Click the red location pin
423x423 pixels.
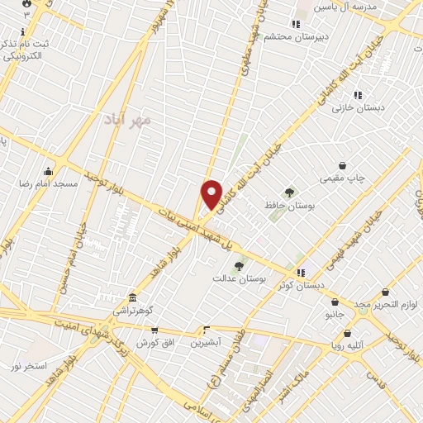212,195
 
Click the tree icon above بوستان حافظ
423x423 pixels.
288,192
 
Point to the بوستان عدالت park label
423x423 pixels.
262,280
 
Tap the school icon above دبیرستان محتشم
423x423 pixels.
296,24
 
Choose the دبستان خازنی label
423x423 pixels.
354,108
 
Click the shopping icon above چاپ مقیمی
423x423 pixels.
342,165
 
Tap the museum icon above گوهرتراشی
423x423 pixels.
132,297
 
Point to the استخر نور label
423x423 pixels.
29,365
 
